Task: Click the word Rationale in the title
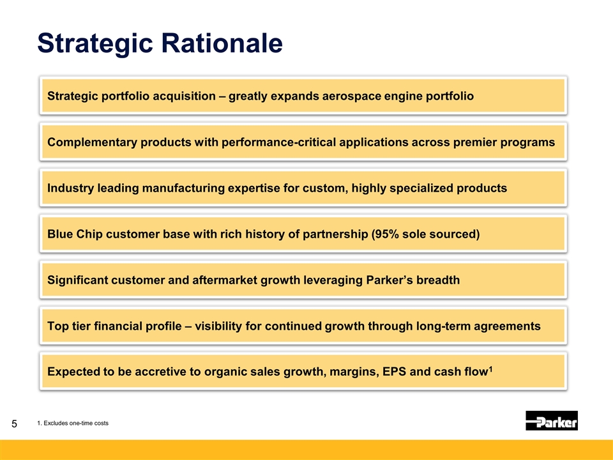point(222,43)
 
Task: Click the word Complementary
point(92,142)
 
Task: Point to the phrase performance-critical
point(279,142)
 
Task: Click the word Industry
point(71,188)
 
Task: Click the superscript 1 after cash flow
point(490,369)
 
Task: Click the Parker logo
point(552,420)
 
